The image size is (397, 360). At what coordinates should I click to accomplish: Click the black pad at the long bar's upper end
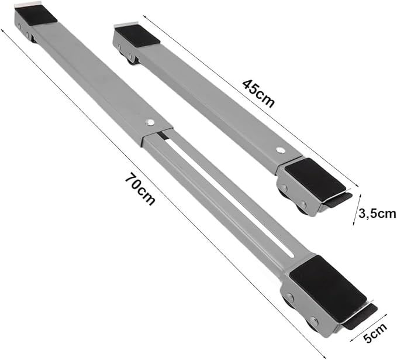[37, 15]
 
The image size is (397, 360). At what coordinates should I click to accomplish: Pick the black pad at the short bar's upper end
[138, 35]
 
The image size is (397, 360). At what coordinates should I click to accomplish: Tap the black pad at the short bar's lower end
[316, 178]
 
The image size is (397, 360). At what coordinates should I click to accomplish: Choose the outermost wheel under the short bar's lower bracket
[302, 209]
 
